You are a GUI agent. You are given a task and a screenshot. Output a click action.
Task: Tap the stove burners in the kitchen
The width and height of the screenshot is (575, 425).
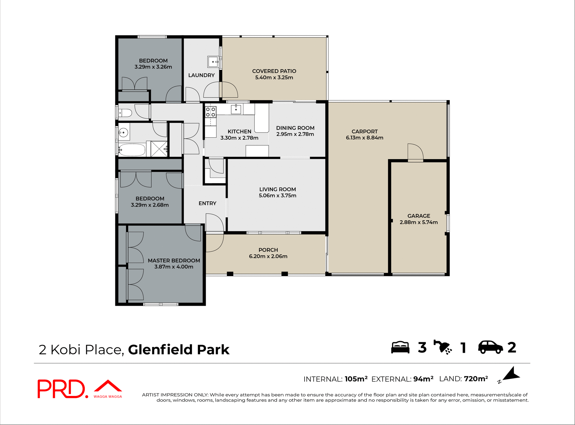pos(211,112)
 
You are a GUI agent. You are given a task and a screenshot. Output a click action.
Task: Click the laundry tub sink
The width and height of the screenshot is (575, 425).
pos(213,62)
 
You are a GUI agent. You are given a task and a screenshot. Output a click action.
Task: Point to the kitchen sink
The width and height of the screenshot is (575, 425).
pos(236,109)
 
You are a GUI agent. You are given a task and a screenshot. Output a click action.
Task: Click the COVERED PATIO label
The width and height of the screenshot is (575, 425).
pos(274,71)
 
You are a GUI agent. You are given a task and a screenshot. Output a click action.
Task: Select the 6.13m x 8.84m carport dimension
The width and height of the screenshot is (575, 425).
pos(364,138)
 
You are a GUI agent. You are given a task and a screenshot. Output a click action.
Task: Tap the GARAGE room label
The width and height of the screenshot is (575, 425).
pos(419,216)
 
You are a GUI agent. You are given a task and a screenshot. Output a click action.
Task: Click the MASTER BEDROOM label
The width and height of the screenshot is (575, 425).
pos(174,260)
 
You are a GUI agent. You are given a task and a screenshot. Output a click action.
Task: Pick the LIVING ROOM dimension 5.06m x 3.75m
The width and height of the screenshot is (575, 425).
pos(277,196)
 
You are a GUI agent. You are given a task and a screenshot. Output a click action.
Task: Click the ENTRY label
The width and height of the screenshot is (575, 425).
pos(207,203)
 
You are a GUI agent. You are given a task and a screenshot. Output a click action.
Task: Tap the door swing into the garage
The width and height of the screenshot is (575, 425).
pos(415,152)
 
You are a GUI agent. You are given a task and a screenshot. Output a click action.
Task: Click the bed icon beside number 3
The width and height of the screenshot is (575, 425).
pos(400,347)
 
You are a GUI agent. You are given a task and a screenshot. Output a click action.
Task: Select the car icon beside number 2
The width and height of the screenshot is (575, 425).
pos(491,347)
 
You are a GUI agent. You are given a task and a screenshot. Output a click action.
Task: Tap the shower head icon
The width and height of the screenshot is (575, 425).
pos(443,347)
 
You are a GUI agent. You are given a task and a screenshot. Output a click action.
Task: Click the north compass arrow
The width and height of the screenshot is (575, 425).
pos(511,375)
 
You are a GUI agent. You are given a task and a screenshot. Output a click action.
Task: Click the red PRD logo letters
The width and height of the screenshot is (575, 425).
pos(61,389)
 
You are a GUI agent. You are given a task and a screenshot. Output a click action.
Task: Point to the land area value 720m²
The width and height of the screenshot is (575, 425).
pos(476,379)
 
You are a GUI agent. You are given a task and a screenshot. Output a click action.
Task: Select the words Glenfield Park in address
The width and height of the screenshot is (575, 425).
pos(179,349)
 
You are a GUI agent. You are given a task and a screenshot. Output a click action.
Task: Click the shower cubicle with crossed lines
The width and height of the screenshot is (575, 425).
pos(159,149)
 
